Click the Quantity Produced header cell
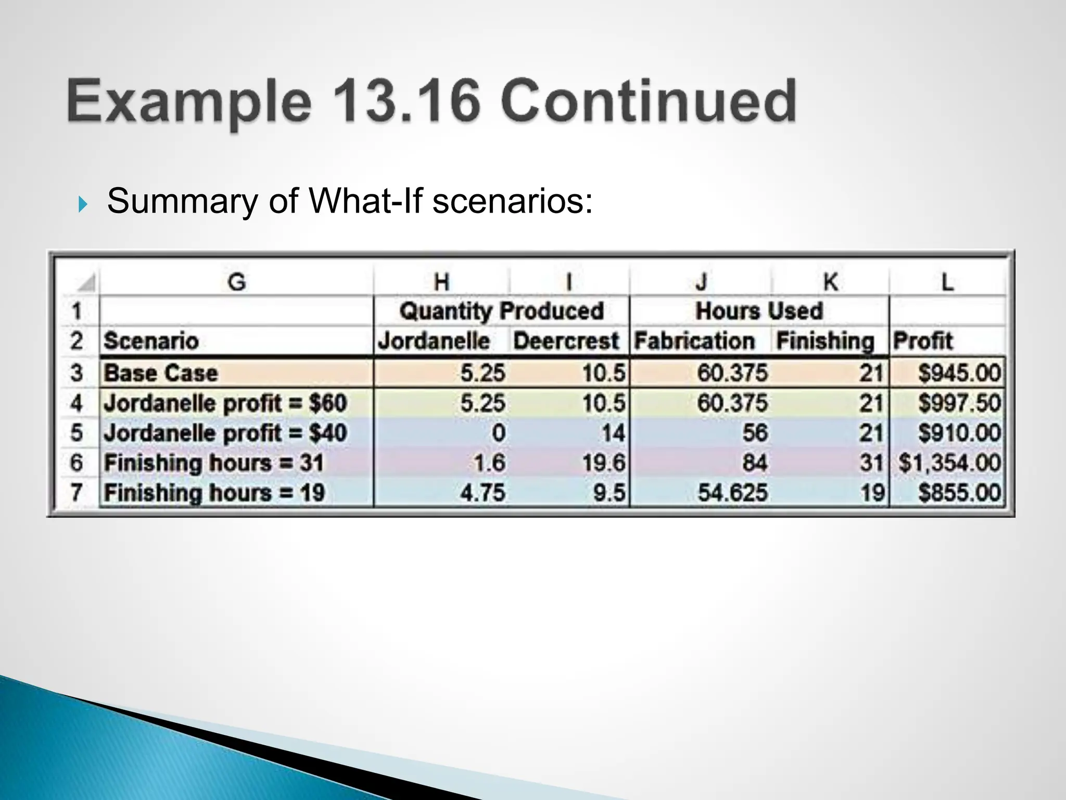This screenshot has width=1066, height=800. tap(501, 311)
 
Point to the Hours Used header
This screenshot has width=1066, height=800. tap(759, 311)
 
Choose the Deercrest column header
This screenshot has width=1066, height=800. tap(566, 341)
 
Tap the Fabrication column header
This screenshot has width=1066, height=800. tap(694, 341)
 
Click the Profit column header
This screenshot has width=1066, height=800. tap(923, 341)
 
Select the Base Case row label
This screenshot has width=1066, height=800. tap(161, 373)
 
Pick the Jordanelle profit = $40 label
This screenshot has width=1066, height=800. tap(225, 433)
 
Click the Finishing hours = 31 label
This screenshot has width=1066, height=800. tap(214, 463)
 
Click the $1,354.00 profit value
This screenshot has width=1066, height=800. tap(949, 463)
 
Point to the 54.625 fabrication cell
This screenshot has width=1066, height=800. tap(732, 493)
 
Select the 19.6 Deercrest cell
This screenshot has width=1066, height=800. tap(603, 463)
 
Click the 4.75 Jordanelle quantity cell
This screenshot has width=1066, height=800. tap(483, 493)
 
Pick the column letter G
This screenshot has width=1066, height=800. tap(236, 282)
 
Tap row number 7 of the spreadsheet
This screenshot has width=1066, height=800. tap(77, 493)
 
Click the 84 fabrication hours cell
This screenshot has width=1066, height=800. tap(754, 463)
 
